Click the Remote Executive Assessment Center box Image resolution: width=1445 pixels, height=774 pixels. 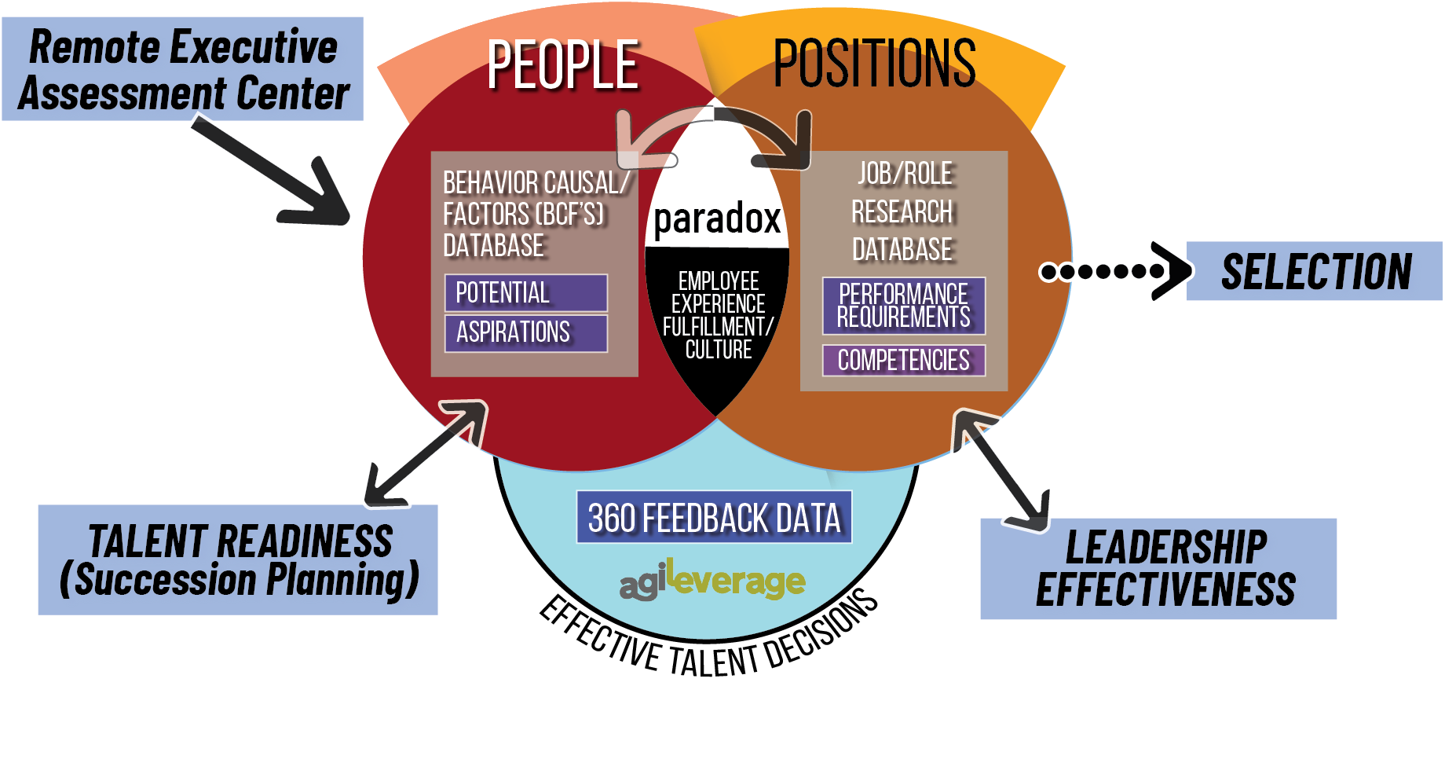point(183,69)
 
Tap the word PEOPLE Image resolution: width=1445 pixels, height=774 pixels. point(562,65)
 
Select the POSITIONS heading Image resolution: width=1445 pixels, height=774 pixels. point(874,63)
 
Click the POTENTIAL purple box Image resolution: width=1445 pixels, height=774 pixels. point(525,293)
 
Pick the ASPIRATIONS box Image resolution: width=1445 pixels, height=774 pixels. point(525,332)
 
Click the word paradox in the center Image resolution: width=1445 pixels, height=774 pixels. point(717,218)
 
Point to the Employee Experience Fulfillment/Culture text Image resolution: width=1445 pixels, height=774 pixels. point(718,315)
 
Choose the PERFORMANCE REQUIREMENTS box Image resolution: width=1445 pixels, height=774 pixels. point(903,306)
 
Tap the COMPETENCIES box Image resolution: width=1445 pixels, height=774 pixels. point(903,361)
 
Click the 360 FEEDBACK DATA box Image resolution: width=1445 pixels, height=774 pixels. point(714,518)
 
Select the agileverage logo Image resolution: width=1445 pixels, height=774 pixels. point(712,581)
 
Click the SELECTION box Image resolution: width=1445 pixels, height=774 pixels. point(1315,271)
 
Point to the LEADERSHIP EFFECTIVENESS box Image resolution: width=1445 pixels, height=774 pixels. point(1158,568)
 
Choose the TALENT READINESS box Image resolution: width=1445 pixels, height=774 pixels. point(238,559)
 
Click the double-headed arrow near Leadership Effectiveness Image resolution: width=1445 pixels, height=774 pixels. point(1001,469)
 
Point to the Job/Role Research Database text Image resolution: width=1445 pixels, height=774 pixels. point(903,211)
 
